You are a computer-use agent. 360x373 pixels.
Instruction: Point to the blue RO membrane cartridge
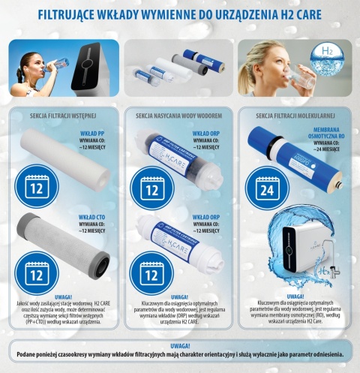292,158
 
